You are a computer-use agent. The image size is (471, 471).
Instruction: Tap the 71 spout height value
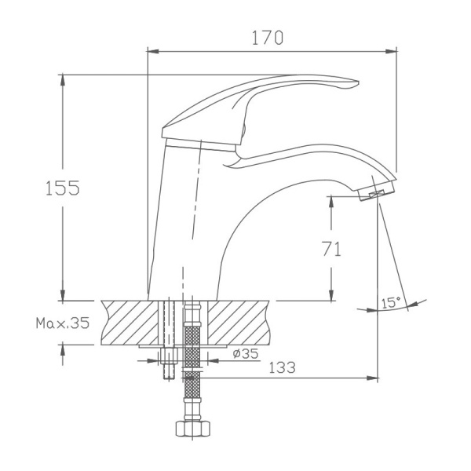331,249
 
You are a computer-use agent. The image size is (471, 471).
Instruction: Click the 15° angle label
390,302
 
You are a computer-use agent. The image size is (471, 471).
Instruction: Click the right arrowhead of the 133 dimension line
375,378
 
